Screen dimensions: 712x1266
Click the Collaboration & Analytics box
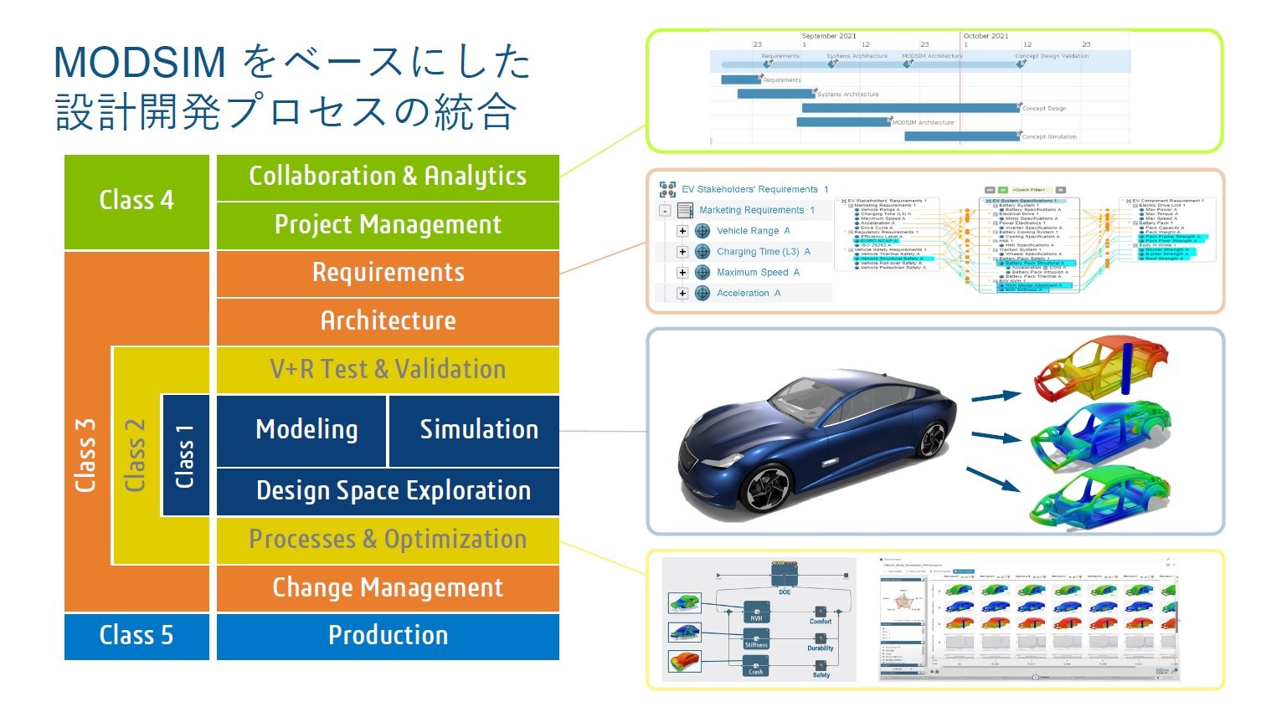(388, 177)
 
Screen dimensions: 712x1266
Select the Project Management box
(388, 225)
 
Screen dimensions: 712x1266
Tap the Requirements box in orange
(388, 273)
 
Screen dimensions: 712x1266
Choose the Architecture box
(388, 321)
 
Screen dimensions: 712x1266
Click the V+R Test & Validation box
(388, 370)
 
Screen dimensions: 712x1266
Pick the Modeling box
(306, 430)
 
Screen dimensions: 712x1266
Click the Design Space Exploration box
(393, 491)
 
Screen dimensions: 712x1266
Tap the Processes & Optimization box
(388, 540)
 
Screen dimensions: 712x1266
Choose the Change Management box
(388, 588)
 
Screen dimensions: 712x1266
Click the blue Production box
(388, 636)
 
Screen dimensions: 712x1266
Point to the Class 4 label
(136, 201)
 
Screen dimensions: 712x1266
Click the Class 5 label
(136, 636)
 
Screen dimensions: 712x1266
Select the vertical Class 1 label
(185, 456)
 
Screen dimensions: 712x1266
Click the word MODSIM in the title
(140, 63)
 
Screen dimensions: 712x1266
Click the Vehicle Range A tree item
(753, 231)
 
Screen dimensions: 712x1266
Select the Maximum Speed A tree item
(758, 273)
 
